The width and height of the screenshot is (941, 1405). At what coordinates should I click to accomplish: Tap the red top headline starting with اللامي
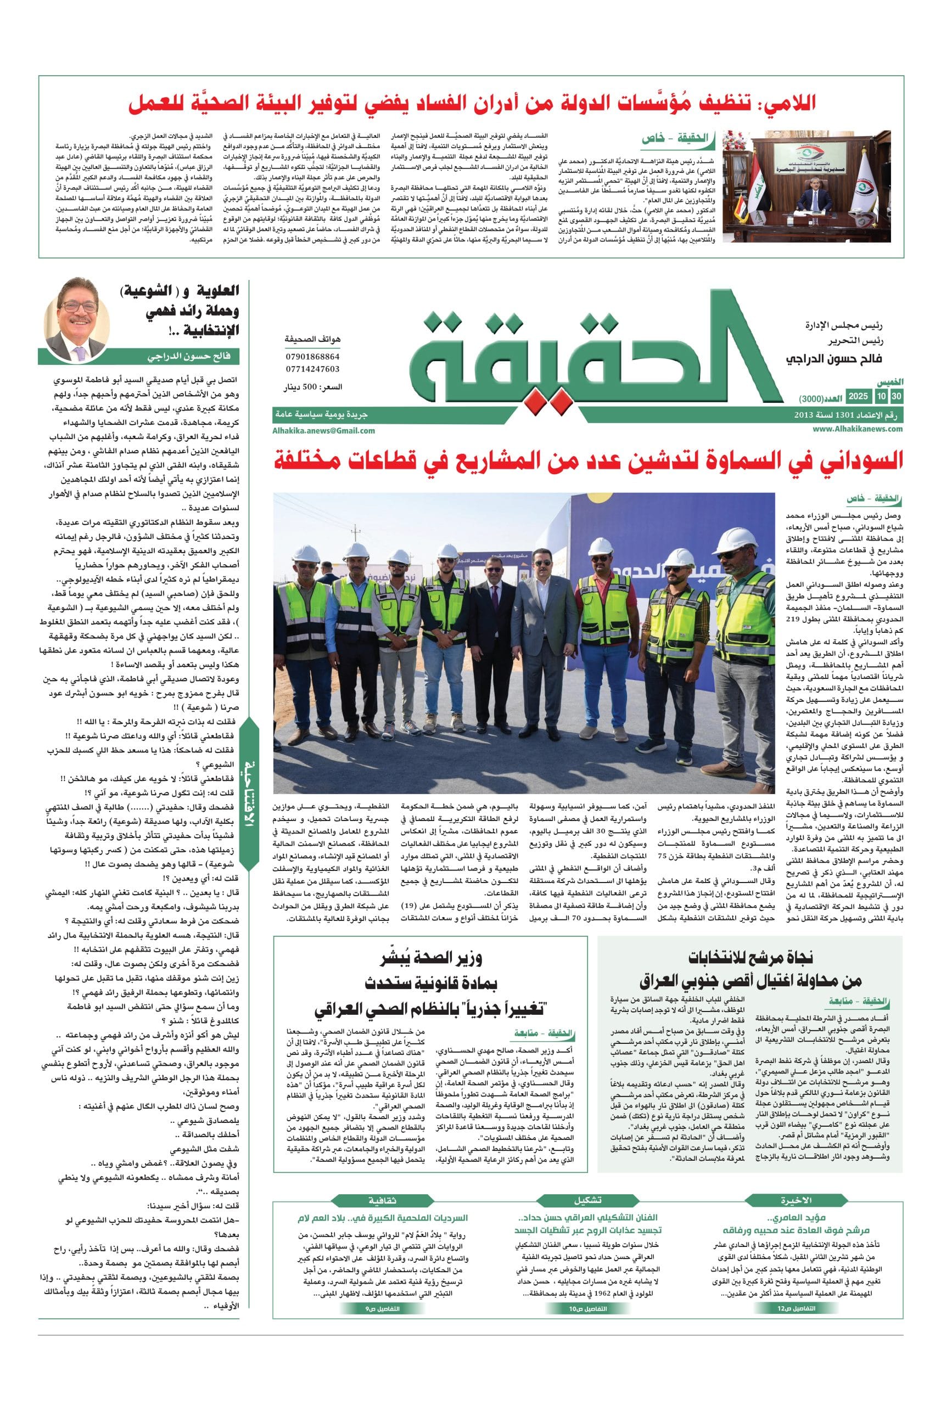click(x=472, y=103)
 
